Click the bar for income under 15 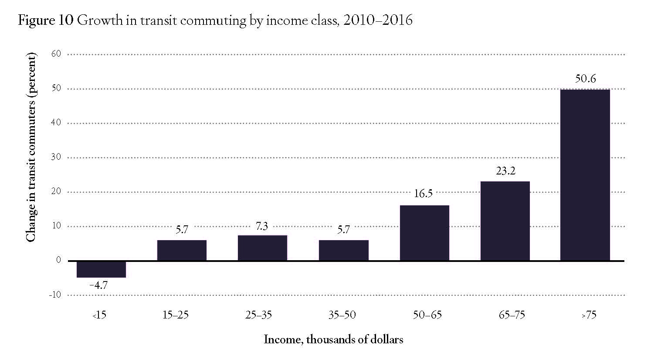click(x=101, y=269)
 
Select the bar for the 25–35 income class click(x=262, y=248)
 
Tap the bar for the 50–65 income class click(x=424, y=233)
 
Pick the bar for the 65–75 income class click(x=505, y=221)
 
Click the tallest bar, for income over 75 click(x=585, y=175)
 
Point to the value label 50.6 click(x=585, y=79)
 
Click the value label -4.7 click(x=98, y=285)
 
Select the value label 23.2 click(x=505, y=171)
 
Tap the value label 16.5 click(x=423, y=194)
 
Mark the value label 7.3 click(x=261, y=226)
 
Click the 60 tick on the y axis click(x=57, y=54)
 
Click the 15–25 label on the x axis click(x=175, y=315)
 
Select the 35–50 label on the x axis click(x=342, y=315)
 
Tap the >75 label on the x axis click(x=589, y=315)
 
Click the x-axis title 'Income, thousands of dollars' click(x=333, y=340)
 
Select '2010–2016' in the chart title click(x=377, y=21)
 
